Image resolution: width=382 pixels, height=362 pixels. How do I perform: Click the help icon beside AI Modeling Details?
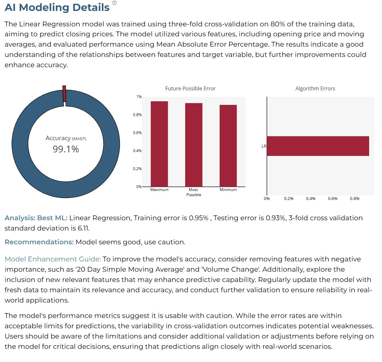[x=114, y=3]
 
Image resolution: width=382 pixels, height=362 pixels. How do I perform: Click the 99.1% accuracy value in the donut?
[x=66, y=149]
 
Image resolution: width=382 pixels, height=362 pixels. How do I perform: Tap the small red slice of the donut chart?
[x=64, y=94]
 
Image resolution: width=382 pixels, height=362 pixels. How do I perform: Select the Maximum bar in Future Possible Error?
[x=159, y=144]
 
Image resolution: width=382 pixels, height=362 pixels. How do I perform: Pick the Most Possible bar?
[x=194, y=145]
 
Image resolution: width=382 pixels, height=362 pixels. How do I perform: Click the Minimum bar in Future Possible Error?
[x=228, y=146]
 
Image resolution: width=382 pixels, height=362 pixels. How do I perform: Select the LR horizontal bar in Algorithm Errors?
[x=318, y=146]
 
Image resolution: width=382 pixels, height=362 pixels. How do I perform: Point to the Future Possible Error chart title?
[x=190, y=88]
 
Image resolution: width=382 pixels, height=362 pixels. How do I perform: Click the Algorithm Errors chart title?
[x=315, y=88]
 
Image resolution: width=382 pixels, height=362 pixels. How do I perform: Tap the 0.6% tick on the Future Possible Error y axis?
[x=137, y=132]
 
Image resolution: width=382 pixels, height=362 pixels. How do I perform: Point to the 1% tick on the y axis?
[x=139, y=97]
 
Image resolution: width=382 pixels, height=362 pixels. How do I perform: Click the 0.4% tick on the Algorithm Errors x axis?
[x=311, y=199]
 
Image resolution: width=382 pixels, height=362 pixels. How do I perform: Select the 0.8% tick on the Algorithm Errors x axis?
[x=355, y=199]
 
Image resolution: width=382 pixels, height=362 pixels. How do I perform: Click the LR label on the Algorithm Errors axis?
[x=264, y=146]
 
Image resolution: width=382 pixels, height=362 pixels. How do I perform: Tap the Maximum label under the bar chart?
[x=159, y=190]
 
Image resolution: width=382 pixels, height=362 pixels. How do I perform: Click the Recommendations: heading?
[x=39, y=242]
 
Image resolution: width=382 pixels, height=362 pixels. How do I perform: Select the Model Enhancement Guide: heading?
[x=53, y=259]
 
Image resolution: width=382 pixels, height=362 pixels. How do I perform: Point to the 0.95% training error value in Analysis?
[x=198, y=218]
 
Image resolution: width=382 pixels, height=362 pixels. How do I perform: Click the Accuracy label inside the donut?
[x=58, y=138]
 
